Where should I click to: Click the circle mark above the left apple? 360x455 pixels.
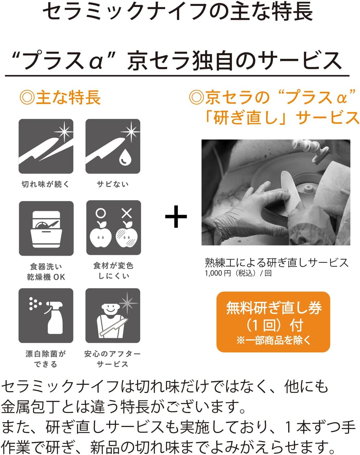[101, 213]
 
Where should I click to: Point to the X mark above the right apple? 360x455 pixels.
[127, 213]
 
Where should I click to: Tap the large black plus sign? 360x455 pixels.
[176, 217]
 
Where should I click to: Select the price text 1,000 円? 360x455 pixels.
[218, 273]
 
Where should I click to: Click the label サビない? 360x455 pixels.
[113, 184]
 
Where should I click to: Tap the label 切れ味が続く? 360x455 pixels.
[46, 184]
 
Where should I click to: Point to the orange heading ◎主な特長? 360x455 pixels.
[60, 97]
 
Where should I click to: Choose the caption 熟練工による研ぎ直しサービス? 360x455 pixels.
[277, 263]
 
